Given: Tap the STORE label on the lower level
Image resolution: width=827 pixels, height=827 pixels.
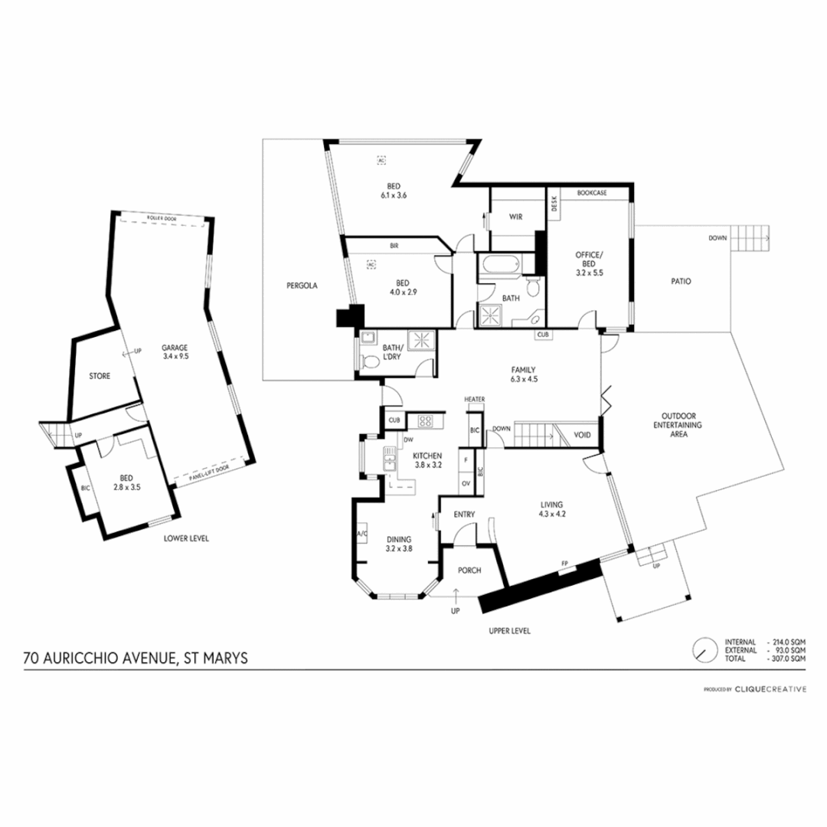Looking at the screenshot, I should point(100,376).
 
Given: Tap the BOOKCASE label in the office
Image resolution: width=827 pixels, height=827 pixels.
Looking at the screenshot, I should point(592,193).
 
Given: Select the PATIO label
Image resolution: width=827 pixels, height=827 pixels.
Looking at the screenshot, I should point(680,281).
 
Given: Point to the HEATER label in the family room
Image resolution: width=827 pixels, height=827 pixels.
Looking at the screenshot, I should point(475,399).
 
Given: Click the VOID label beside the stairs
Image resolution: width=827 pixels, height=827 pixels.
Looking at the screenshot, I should point(583,435).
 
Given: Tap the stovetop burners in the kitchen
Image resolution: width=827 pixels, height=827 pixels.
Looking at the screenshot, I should point(424,420).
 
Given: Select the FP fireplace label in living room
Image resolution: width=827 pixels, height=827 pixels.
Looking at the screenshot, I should point(564,564).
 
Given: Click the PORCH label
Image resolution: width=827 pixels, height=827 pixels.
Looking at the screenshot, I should point(468,570).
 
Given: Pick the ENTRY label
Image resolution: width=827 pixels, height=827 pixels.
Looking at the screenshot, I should point(465,514).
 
